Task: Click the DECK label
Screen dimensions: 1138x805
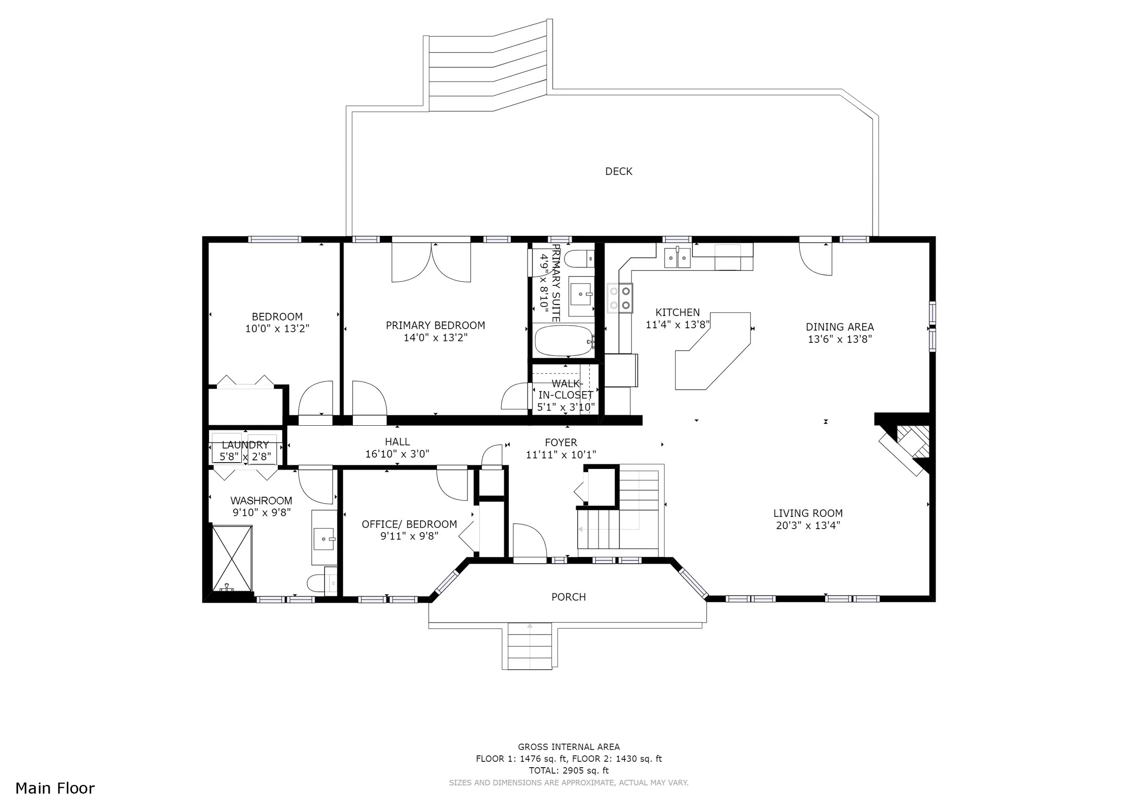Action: click(619, 172)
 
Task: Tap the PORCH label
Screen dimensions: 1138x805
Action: click(569, 597)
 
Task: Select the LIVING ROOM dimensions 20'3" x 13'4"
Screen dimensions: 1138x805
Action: click(808, 525)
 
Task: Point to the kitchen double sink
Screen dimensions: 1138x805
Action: click(677, 258)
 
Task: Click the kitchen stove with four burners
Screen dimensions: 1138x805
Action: click(620, 298)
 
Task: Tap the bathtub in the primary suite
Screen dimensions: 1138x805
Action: click(564, 341)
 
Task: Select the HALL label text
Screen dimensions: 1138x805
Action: click(397, 442)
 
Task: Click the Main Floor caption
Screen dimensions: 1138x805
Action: click(55, 788)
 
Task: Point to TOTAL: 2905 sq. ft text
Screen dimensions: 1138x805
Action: click(569, 770)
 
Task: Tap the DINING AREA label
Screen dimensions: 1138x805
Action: click(840, 327)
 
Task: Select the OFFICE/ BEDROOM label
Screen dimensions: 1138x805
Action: click(409, 525)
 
